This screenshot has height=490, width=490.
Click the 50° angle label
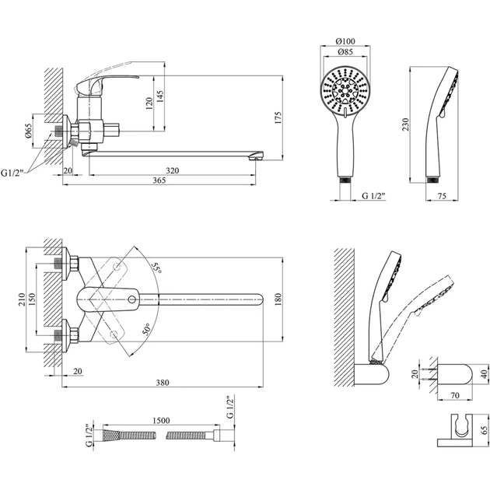tap(148, 327)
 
